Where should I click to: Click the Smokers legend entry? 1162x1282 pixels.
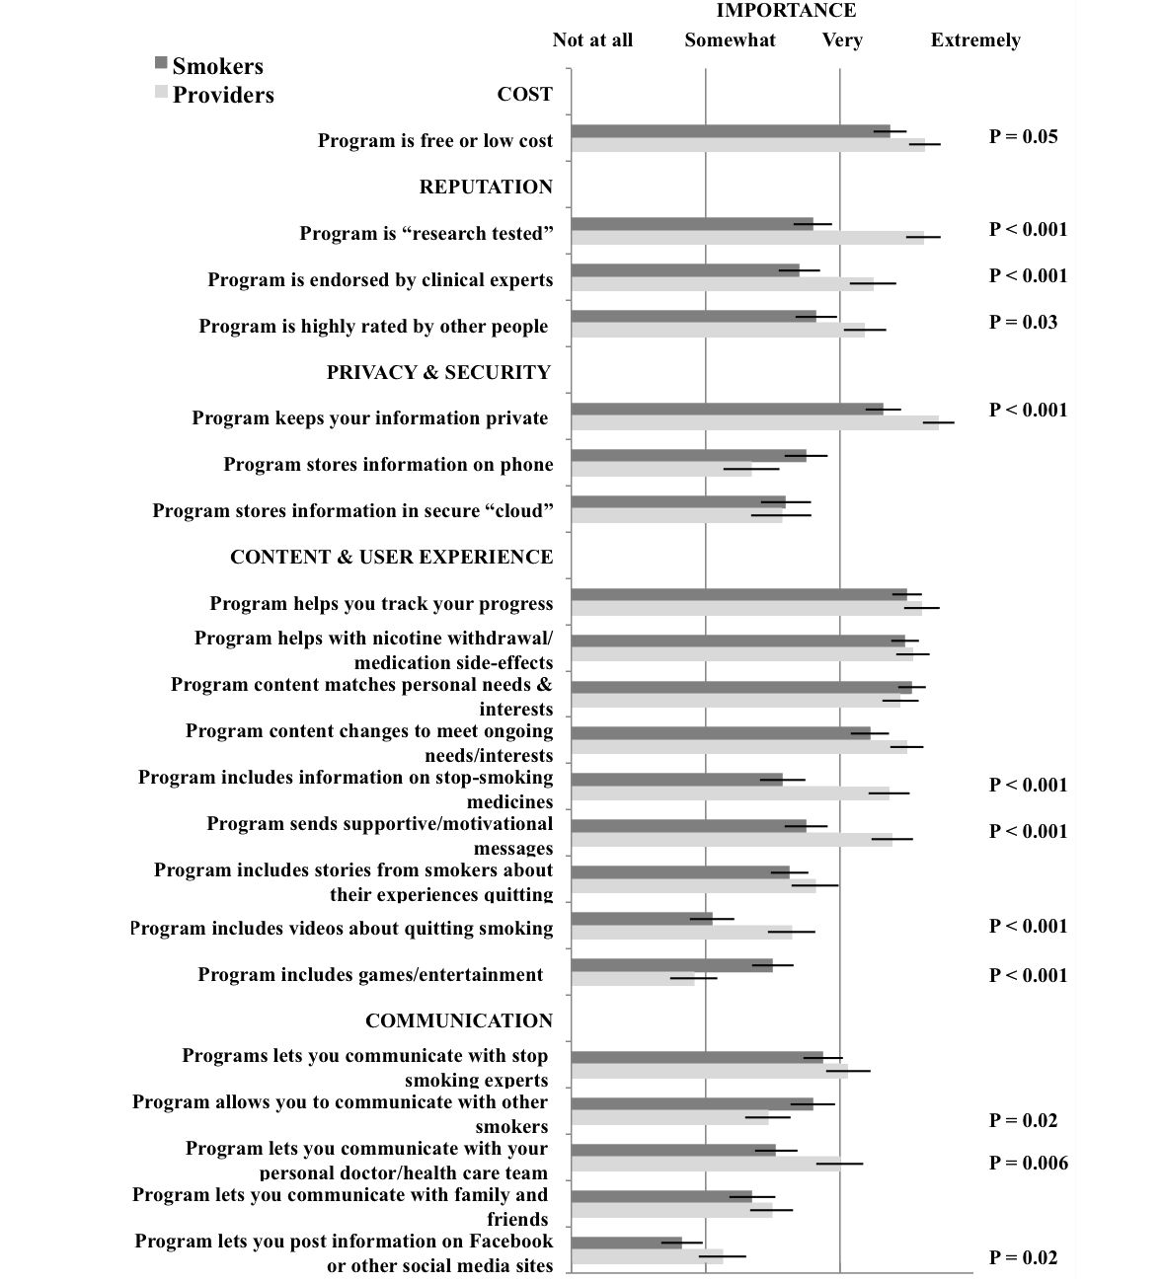(x=208, y=66)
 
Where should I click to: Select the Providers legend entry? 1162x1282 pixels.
(x=214, y=95)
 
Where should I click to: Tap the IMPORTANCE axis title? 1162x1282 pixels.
(x=786, y=11)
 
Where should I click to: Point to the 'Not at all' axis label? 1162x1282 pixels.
(x=592, y=40)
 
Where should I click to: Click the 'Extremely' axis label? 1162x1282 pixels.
(x=975, y=40)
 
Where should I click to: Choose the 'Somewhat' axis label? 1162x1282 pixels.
(x=730, y=40)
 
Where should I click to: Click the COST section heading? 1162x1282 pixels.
(x=524, y=95)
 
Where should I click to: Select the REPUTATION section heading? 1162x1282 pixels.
(x=486, y=188)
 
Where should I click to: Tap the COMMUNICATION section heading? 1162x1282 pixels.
(x=459, y=1021)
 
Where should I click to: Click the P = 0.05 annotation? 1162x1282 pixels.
(x=1023, y=137)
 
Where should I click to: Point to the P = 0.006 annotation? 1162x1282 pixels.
(x=1028, y=1164)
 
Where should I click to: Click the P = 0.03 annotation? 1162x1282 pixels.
(x=1023, y=323)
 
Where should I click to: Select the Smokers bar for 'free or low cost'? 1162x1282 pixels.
(x=731, y=131)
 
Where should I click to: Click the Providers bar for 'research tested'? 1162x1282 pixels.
(x=747, y=238)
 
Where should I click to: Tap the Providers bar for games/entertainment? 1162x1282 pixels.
(x=633, y=979)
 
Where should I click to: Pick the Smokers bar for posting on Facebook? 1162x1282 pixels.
(x=626, y=1243)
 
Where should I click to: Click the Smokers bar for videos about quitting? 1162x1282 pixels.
(x=642, y=919)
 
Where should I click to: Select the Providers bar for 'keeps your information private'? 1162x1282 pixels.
(x=754, y=422)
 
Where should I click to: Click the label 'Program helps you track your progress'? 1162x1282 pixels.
(x=381, y=604)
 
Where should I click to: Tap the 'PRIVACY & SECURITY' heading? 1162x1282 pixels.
(x=438, y=373)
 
